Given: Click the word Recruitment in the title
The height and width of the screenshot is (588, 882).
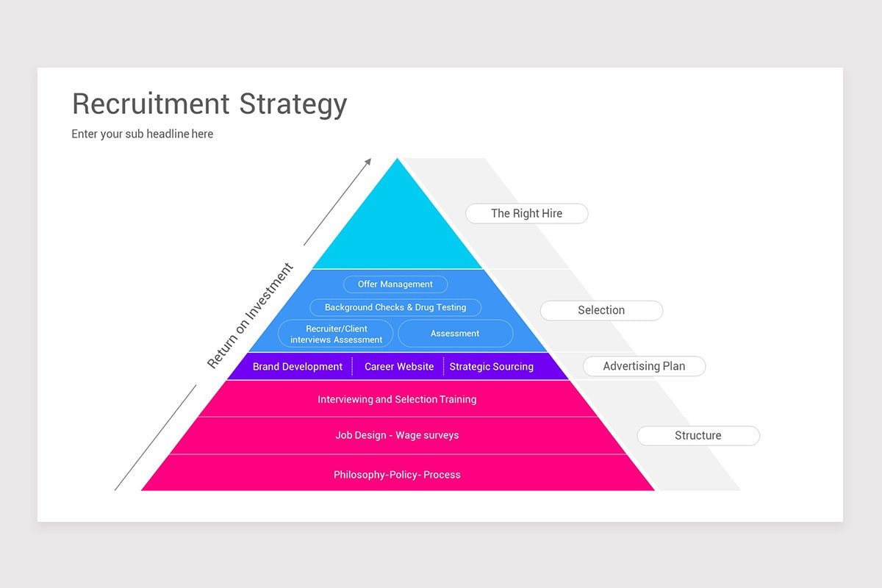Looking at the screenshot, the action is [x=151, y=104].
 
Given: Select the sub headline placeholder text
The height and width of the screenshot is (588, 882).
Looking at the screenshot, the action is [x=142, y=134].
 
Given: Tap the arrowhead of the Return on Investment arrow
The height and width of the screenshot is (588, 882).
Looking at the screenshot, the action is [x=368, y=162].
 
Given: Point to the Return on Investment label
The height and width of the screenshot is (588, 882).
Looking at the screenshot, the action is [x=250, y=315].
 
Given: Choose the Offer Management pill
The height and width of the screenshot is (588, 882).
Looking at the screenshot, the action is [x=395, y=284].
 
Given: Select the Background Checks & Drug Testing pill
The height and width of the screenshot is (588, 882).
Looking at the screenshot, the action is [x=395, y=307].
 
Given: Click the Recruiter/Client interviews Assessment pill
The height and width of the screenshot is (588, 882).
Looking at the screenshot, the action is [x=336, y=334].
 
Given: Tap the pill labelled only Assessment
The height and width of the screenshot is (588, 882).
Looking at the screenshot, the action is [x=455, y=334].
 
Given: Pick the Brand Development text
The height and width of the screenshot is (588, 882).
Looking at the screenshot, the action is [x=297, y=367].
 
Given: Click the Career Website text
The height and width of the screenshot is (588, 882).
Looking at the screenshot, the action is [x=399, y=367].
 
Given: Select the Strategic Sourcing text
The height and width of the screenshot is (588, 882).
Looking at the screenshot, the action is [x=492, y=367].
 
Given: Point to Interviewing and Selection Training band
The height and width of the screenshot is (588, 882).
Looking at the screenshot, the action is [x=397, y=399].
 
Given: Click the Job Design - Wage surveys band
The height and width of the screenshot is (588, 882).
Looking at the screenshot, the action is [x=397, y=435].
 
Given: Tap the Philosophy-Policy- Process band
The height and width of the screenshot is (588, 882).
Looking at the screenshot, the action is [x=397, y=473].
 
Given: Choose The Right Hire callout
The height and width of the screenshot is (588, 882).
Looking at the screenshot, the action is [x=527, y=213].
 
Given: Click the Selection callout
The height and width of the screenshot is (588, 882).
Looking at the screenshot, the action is [x=601, y=310].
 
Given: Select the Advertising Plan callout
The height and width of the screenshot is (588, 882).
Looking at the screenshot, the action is [x=644, y=366].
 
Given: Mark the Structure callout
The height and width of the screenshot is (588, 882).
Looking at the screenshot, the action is [x=698, y=436].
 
